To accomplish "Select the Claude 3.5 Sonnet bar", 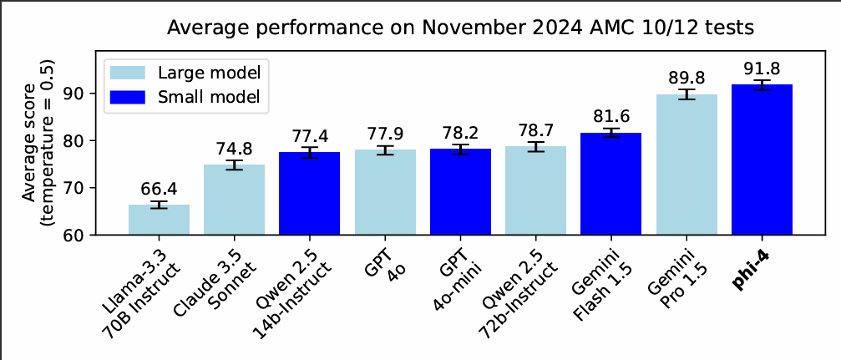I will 234,200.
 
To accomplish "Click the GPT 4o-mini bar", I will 460,192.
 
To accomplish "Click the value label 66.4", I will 159,189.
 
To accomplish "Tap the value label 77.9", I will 385,134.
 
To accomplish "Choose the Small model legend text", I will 209,97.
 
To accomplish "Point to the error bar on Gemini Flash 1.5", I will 610,133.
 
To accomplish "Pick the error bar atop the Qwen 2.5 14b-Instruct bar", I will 310,152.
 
